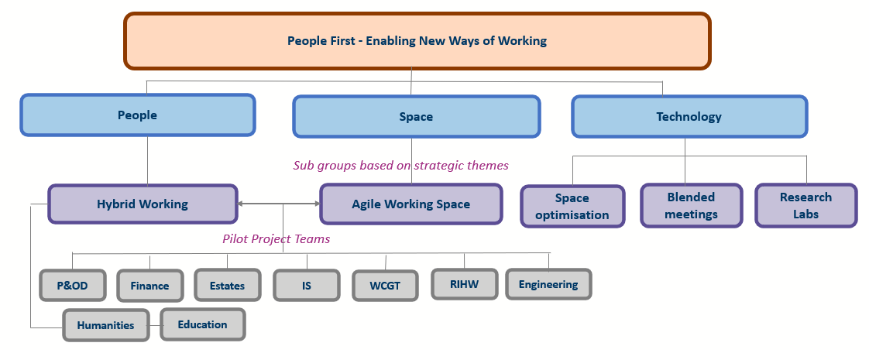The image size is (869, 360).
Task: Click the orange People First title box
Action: [x=417, y=41]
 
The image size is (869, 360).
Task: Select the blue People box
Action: [x=137, y=115]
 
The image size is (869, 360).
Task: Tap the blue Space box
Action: [x=416, y=117]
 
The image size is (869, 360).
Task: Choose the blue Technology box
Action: [x=689, y=117]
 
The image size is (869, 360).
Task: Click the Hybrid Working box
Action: [x=143, y=204]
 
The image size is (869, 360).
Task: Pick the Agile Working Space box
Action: [x=410, y=204]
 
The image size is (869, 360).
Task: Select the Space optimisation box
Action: [x=572, y=206]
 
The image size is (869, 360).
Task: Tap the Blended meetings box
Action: [x=691, y=205]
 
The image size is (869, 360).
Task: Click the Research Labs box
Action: [x=805, y=205]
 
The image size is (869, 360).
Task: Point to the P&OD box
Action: [x=73, y=286]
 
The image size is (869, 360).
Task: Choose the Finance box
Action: [x=149, y=286]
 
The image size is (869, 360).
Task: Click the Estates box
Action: [x=227, y=286]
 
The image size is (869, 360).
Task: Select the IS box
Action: [x=307, y=286]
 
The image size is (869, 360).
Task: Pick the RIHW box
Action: [x=465, y=285]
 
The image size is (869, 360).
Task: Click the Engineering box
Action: [x=548, y=284]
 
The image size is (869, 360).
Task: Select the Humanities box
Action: [x=106, y=325]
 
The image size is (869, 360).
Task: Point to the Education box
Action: [x=203, y=324]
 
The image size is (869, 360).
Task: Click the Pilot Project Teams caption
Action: [x=276, y=239]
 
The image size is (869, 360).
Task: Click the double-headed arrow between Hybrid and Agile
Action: [x=280, y=204]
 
